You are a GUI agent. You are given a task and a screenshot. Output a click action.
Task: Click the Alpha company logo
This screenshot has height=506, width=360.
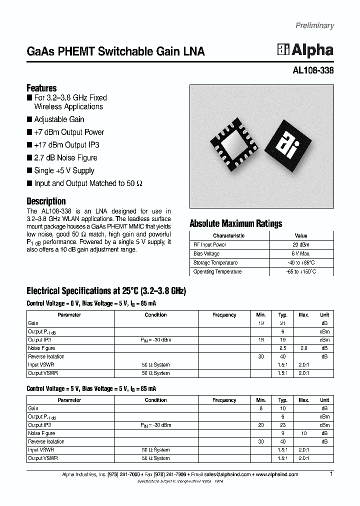coord(305,50)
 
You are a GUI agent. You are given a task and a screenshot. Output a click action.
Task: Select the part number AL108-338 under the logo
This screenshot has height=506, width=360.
coord(312,70)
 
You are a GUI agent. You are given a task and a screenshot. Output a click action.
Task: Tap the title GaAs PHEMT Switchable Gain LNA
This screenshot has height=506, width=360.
coord(115,51)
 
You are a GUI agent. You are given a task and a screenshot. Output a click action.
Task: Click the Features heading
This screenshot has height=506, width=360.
coord(41,87)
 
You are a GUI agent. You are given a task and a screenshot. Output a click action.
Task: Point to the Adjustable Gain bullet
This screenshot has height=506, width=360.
coord(59,119)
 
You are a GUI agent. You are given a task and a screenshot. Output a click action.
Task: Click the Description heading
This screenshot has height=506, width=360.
coord(46,201)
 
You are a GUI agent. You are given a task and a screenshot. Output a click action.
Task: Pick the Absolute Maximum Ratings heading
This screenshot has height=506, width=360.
coord(235,223)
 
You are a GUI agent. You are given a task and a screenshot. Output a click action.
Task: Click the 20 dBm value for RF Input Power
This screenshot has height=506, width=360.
coord(301,245)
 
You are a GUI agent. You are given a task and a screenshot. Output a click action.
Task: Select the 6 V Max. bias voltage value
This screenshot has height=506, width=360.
coord(301,254)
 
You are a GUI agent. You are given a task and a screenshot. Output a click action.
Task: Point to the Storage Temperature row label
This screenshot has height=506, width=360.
coord(215,263)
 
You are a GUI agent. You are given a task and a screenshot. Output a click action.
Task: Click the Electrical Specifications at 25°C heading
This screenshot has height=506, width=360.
coord(106,291)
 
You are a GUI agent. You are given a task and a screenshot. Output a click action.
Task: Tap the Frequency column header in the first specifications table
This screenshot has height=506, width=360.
coord(224,315)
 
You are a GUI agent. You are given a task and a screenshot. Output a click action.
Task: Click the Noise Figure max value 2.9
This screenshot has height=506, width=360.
coord(304,348)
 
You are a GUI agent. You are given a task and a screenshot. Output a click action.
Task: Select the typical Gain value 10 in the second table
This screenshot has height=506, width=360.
coord(282,408)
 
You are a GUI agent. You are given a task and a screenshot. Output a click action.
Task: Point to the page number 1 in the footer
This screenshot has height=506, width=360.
coord(331,474)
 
